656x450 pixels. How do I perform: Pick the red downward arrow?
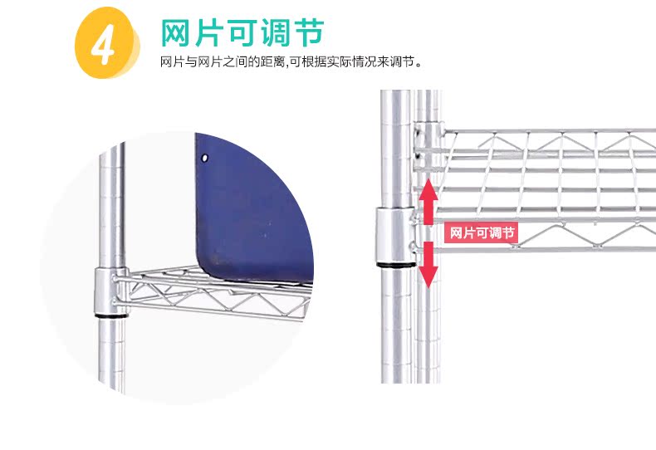coord(428,265)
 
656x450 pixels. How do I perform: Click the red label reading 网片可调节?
coord(482,232)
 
